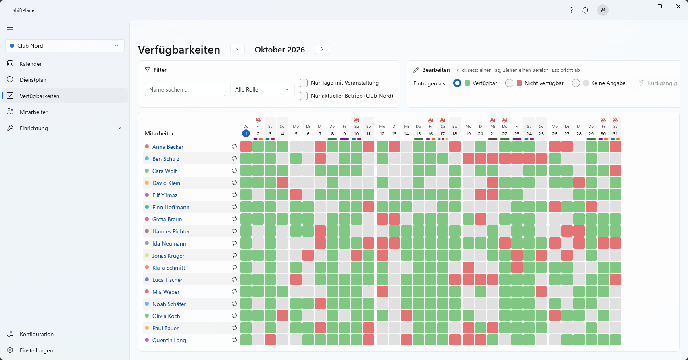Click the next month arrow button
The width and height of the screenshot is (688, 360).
point(322,49)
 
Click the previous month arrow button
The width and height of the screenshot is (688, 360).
point(238,49)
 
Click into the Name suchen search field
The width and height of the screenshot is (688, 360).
point(185,89)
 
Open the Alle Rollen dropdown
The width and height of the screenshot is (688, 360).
point(262,89)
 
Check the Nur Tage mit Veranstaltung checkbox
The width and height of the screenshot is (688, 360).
point(304,83)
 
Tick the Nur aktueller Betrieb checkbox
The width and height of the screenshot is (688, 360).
point(304,96)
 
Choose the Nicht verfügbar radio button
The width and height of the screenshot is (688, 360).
point(509,83)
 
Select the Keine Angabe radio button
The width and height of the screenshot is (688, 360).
point(576,83)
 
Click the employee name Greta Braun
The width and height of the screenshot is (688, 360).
point(167,219)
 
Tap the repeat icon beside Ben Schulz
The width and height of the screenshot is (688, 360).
point(234,159)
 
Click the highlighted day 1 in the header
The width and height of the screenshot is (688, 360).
point(246,134)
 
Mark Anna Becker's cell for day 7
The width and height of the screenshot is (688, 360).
point(320,146)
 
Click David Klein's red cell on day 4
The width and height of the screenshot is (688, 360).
point(282,183)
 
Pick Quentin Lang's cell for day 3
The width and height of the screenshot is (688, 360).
point(270,340)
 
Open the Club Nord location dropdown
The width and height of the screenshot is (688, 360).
point(65,46)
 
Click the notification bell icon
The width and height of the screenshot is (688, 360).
point(585,10)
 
